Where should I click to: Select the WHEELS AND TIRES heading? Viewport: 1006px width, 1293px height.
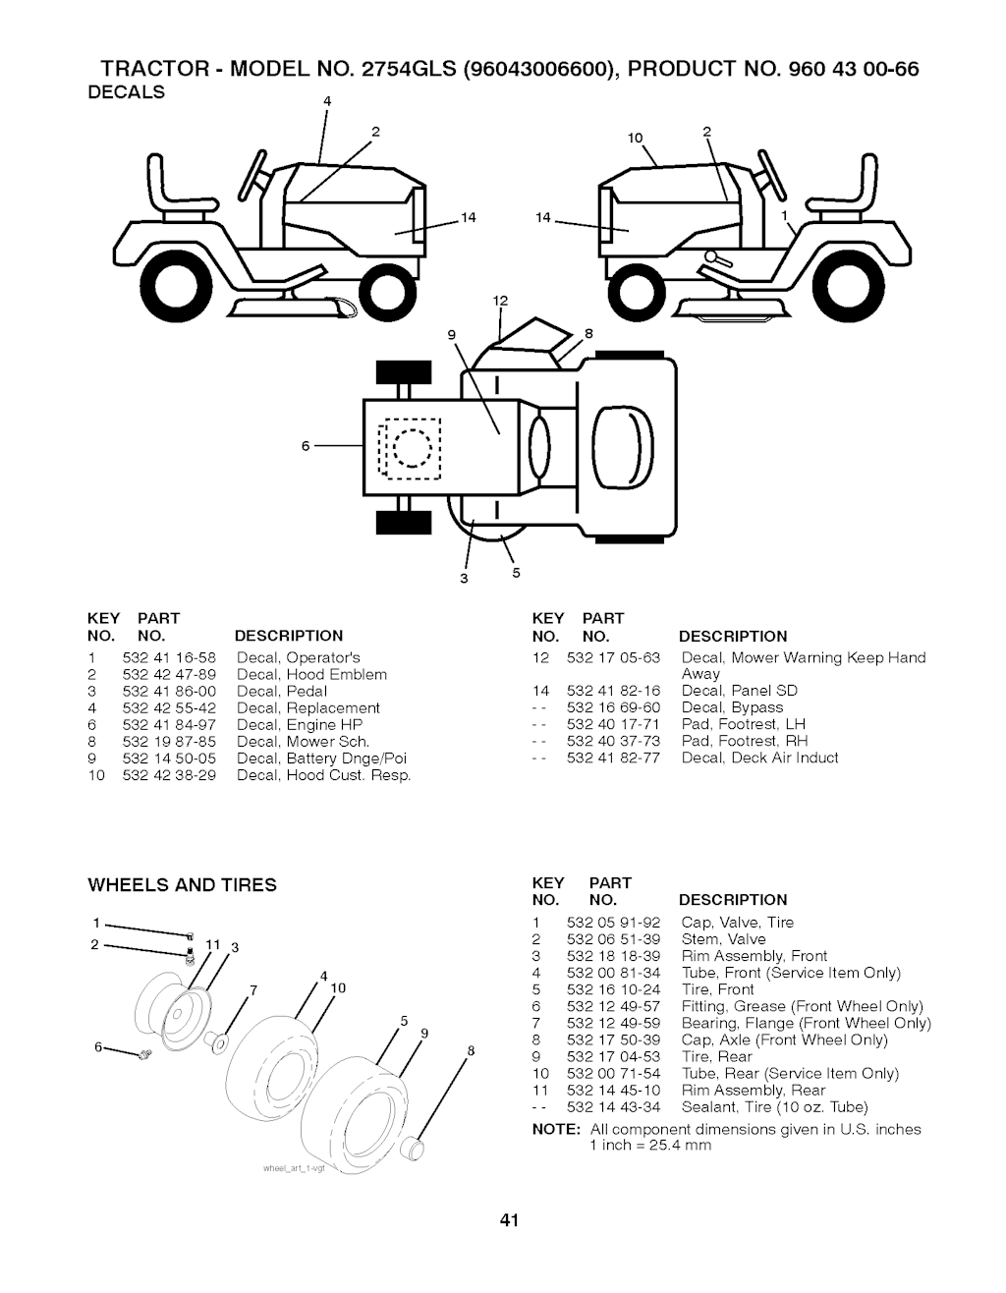coord(183,885)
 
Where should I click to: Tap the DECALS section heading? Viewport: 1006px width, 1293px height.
coord(127,92)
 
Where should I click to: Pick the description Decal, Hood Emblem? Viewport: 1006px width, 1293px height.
coord(311,674)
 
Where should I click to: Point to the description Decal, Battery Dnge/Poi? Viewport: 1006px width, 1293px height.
coord(321,758)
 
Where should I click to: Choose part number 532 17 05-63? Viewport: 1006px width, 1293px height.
coord(614,657)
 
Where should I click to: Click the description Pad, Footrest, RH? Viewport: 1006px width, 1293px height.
coord(744,741)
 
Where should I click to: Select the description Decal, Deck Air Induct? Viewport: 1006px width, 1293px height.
coord(759,758)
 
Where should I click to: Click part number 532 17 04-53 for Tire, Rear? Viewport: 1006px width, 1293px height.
coord(614,1056)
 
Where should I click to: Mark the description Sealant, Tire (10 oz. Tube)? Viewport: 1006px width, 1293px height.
coord(774,1106)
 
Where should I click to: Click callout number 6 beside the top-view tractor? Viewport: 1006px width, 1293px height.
coord(306,446)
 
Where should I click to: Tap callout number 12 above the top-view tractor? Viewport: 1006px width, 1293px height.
coord(499,300)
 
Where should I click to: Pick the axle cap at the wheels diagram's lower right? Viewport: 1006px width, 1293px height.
coord(418,1146)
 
